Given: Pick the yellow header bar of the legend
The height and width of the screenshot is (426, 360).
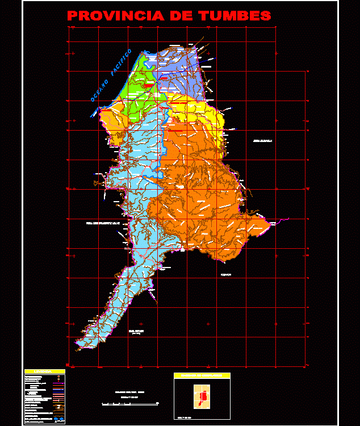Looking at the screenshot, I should tap(44, 371).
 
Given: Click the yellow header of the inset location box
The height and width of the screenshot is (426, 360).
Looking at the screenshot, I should tap(202, 376).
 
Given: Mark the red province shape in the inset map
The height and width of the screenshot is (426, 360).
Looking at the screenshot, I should tap(203, 394).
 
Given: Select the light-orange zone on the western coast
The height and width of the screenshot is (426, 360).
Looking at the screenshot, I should tap(114, 122).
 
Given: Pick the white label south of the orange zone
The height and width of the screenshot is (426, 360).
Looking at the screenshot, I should tap(227, 274).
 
